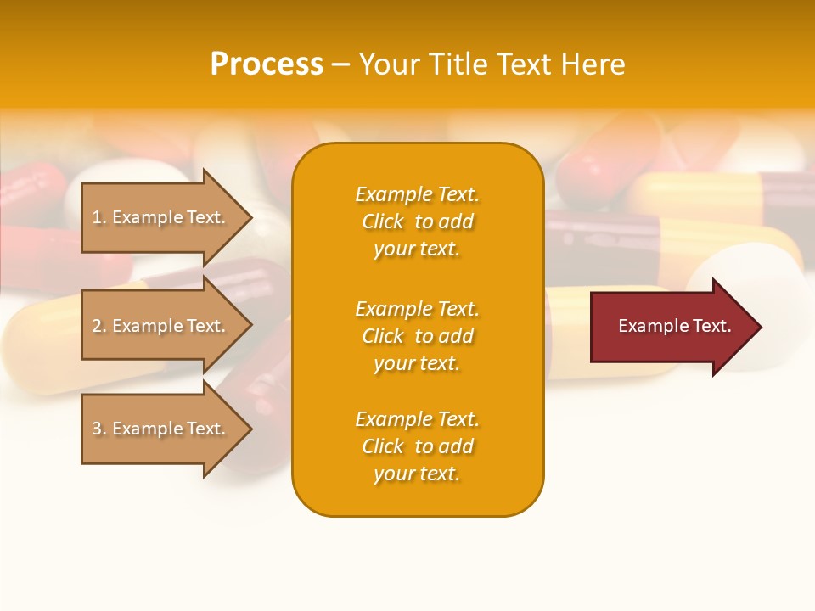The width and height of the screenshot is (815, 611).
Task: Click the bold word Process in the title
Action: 267,64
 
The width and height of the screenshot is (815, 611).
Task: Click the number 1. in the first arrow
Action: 99,217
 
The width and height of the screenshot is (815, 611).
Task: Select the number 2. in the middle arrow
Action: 99,326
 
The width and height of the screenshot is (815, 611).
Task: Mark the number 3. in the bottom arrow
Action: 99,429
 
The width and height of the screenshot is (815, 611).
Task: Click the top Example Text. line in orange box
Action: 417,194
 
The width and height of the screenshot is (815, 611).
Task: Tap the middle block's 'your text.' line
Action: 417,363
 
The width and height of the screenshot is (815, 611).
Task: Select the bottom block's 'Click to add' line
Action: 417,446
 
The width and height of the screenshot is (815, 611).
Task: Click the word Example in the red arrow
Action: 648,326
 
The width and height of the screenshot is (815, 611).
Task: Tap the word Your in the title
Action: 390,64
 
